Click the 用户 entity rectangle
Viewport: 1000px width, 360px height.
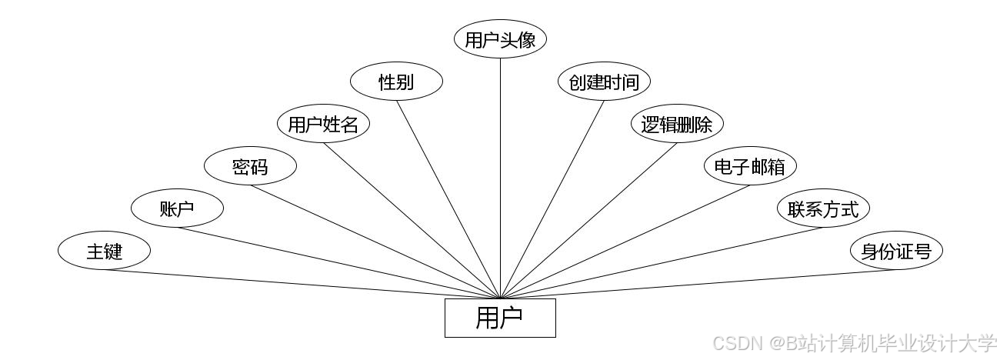500,318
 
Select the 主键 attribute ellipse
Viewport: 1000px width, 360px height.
104,251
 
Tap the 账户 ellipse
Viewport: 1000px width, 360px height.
177,208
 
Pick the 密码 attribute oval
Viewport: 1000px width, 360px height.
250,166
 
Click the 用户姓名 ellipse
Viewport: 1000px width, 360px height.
323,124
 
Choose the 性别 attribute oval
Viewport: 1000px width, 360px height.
396,82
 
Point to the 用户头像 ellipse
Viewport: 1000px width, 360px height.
500,39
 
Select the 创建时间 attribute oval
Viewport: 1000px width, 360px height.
604,82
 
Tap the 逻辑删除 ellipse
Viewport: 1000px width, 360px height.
677,124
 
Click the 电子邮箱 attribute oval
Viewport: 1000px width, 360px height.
750,166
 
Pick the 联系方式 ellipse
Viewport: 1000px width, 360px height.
823,208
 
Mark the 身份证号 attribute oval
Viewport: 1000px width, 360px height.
896,251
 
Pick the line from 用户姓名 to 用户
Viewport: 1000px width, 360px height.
412,221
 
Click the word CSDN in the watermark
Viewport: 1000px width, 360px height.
734,342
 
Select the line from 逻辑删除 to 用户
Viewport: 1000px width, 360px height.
588,221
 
